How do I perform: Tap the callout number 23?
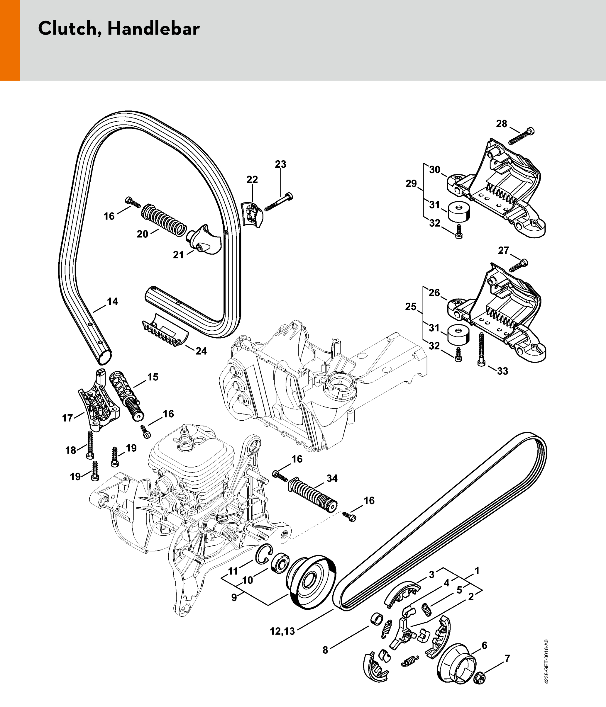[x=280, y=164]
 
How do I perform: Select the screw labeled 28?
[x=521, y=136]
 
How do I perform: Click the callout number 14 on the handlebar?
[x=112, y=302]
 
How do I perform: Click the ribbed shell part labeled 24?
[x=165, y=330]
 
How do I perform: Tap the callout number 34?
[x=332, y=478]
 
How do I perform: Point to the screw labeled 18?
[x=90, y=445]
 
